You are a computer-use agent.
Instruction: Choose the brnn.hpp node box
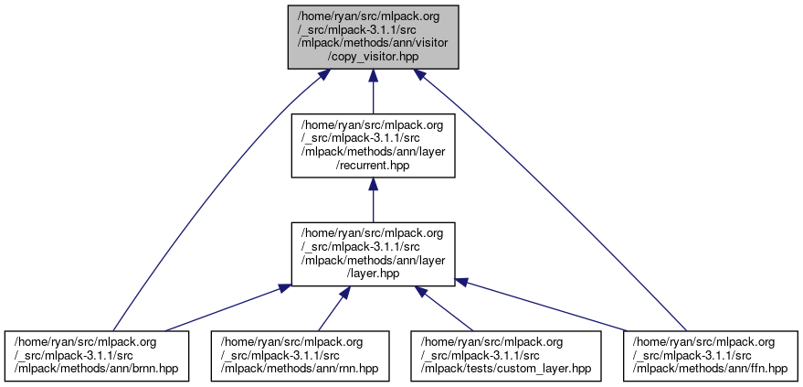[99, 355]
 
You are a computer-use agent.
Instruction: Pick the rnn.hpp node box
[299, 355]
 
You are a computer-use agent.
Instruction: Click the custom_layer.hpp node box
[506, 355]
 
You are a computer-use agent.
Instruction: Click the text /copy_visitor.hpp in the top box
[372, 58]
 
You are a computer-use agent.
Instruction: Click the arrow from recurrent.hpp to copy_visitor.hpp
[372, 91]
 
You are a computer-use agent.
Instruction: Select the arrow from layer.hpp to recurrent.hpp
[372, 201]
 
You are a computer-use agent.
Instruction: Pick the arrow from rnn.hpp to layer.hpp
[331, 309]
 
